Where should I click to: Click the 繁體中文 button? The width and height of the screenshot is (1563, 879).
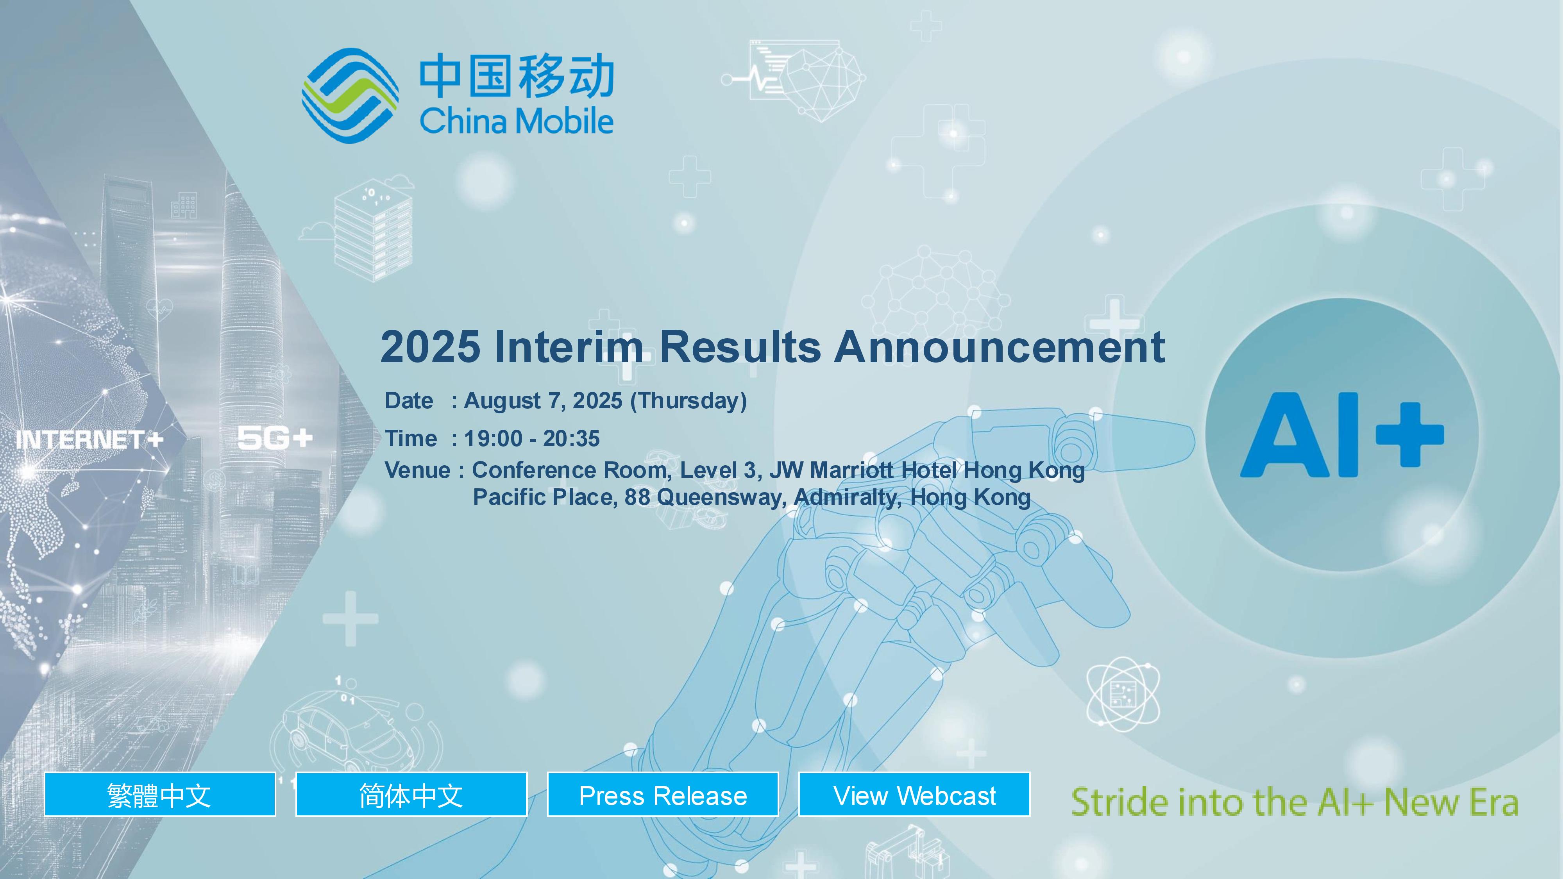pyautogui.click(x=159, y=794)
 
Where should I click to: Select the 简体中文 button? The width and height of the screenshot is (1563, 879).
pyautogui.click(x=411, y=794)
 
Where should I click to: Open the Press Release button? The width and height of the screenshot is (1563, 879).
pyautogui.click(x=663, y=794)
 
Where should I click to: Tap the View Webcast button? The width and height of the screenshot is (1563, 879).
pyautogui.click(x=914, y=794)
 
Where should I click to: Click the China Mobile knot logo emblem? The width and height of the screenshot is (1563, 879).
pyautogui.click(x=350, y=95)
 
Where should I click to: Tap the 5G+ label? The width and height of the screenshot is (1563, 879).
pyautogui.click(x=275, y=438)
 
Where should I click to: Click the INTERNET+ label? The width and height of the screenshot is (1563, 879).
pyautogui.click(x=90, y=439)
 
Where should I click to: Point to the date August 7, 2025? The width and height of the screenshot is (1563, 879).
pyautogui.click(x=543, y=401)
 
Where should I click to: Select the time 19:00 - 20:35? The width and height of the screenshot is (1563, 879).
pyautogui.click(x=531, y=438)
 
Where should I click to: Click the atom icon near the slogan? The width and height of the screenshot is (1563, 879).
pyautogui.click(x=1123, y=694)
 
